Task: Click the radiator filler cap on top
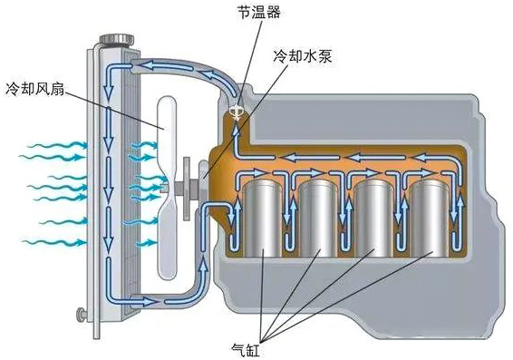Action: pos(112,39)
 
